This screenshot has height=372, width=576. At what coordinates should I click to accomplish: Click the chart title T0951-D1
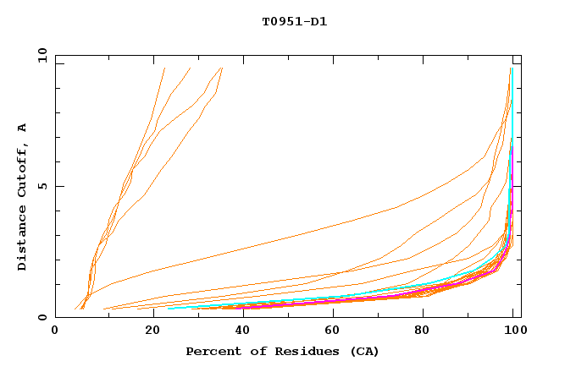tap(294, 22)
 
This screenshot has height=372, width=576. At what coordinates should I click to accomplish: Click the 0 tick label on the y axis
tap(42, 318)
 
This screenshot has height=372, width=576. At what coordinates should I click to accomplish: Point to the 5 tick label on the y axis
tap(42, 186)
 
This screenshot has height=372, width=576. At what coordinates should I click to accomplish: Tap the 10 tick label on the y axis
tap(38, 55)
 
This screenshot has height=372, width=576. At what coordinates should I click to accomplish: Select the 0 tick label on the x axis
tap(55, 333)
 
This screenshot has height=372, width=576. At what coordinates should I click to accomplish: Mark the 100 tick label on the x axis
tap(513, 333)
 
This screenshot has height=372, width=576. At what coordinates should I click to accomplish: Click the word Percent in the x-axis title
tap(211, 351)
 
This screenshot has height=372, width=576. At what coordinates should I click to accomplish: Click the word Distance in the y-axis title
tap(23, 241)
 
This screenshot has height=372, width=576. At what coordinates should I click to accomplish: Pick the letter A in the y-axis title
tap(23, 129)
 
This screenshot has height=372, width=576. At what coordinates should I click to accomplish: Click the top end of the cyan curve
tap(512, 68)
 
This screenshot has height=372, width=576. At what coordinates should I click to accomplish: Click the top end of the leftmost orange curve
tap(164, 68)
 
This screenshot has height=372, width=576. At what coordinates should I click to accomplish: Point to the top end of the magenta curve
tap(511, 149)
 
